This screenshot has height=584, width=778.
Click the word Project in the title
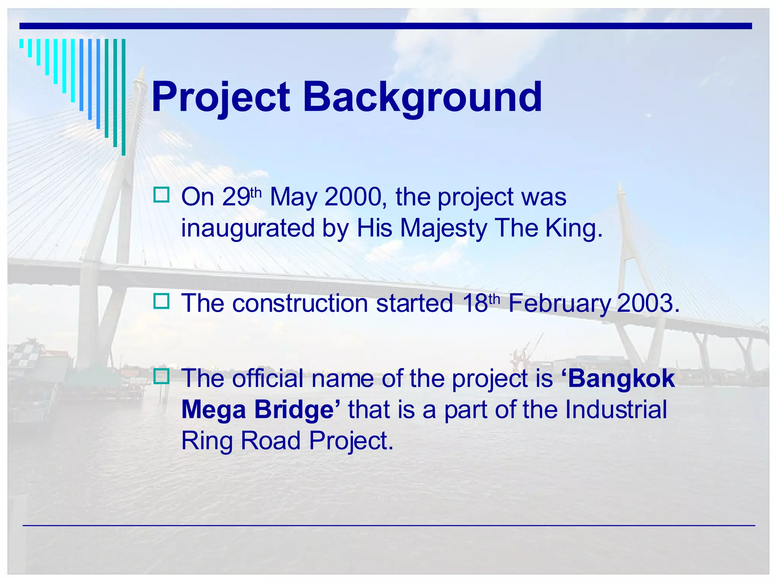(221, 98)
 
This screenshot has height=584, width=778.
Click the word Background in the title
(422, 98)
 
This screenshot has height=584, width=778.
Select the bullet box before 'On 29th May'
(161, 195)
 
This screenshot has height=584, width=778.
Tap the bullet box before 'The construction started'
(161, 301)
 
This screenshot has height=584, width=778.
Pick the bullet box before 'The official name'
(161, 376)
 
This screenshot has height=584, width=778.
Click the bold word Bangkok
(621, 379)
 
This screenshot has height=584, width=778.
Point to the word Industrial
(616, 410)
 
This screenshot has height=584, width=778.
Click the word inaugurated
(248, 229)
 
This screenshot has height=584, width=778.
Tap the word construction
(300, 304)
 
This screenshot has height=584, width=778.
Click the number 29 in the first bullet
(236, 197)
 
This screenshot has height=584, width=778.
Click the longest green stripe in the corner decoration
(123, 97)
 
